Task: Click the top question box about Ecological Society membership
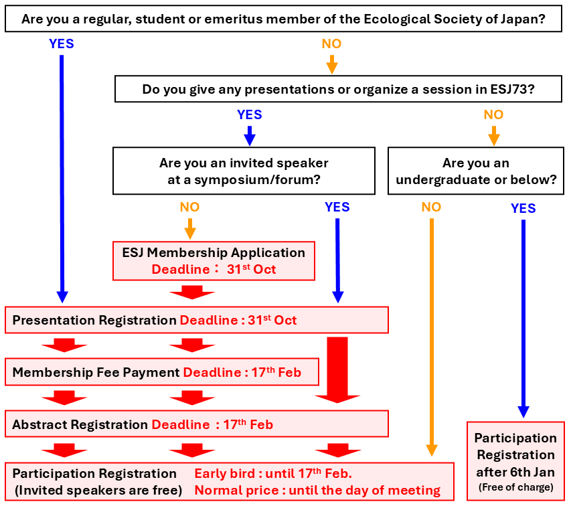pyautogui.click(x=283, y=19)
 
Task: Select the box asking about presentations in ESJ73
pyautogui.click(x=338, y=89)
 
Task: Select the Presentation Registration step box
pyautogui.click(x=196, y=320)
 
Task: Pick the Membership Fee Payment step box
pyautogui.click(x=161, y=372)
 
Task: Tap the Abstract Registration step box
pyautogui.click(x=196, y=424)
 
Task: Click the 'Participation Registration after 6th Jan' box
pyautogui.click(x=515, y=460)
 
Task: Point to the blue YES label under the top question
pyautogui.click(x=62, y=44)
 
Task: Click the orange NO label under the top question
pyautogui.click(x=331, y=44)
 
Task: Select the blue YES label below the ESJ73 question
pyautogui.click(x=250, y=115)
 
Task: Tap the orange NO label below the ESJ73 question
pyautogui.click(x=493, y=115)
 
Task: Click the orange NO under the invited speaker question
pyautogui.click(x=189, y=207)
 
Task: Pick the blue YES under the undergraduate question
pyautogui.click(x=523, y=209)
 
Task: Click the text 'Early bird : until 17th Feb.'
pyautogui.click(x=273, y=474)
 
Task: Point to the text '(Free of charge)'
pyautogui.click(x=515, y=487)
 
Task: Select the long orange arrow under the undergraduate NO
pyautogui.click(x=431, y=335)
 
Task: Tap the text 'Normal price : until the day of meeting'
pyautogui.click(x=317, y=491)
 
